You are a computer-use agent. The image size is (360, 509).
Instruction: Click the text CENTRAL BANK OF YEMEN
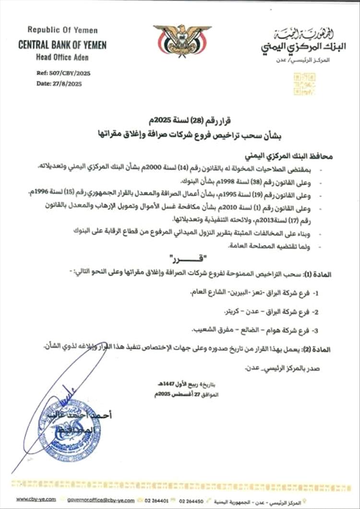coord(62,46)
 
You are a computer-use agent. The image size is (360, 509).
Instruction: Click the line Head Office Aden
coord(62,57)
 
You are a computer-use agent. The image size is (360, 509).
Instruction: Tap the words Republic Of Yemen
coord(62,30)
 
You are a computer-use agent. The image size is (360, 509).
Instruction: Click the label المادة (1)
coord(333,273)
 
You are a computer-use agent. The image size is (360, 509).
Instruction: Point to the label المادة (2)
coord(333,349)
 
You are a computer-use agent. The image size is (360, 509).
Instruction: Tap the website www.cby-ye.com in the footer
coord(36,500)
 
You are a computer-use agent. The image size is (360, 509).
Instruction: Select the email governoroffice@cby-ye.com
coord(101,500)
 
